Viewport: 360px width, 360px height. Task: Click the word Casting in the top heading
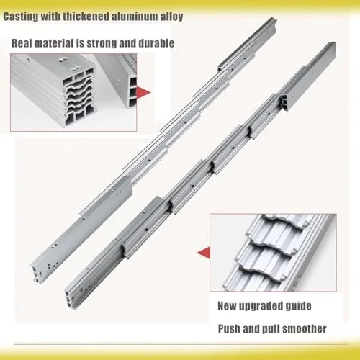point(20,17)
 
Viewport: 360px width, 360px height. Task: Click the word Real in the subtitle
point(21,43)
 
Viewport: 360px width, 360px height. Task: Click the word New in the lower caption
point(227,306)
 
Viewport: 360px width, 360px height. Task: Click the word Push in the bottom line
point(229,328)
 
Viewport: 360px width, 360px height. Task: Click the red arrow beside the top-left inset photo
point(143,92)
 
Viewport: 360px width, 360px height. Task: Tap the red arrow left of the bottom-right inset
point(204,253)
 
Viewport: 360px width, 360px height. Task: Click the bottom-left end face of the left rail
point(37,273)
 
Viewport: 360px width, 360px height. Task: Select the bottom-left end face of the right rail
point(70,299)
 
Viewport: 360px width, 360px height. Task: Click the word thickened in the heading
point(87,16)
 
